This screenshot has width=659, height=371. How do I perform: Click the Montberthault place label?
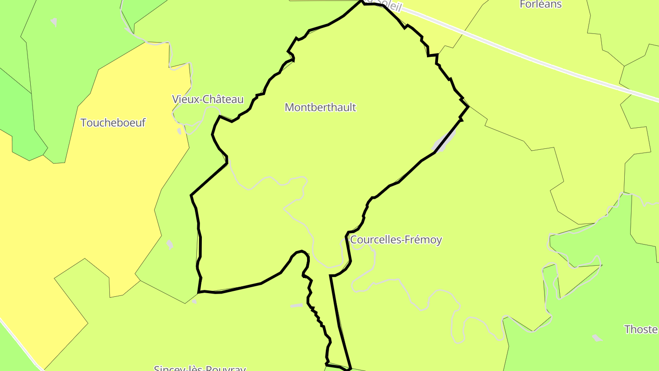point(320,107)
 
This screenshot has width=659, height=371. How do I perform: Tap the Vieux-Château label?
point(208,99)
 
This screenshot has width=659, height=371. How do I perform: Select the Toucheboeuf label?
point(113,123)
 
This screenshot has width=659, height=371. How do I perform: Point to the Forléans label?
point(540,5)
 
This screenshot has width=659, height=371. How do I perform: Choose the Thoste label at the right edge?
point(641,329)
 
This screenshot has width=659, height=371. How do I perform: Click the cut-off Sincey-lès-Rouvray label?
point(200,368)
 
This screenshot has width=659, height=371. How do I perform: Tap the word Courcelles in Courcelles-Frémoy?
point(372,240)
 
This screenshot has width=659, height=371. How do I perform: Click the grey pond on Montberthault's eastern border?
point(444,141)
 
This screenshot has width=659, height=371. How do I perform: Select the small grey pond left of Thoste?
point(596,338)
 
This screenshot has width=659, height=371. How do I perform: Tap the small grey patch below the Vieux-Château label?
point(179,131)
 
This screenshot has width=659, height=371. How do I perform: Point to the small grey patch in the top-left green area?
point(54,22)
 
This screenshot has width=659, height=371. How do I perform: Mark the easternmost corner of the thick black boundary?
point(468,107)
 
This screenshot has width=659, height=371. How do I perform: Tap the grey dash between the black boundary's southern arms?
point(297,305)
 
